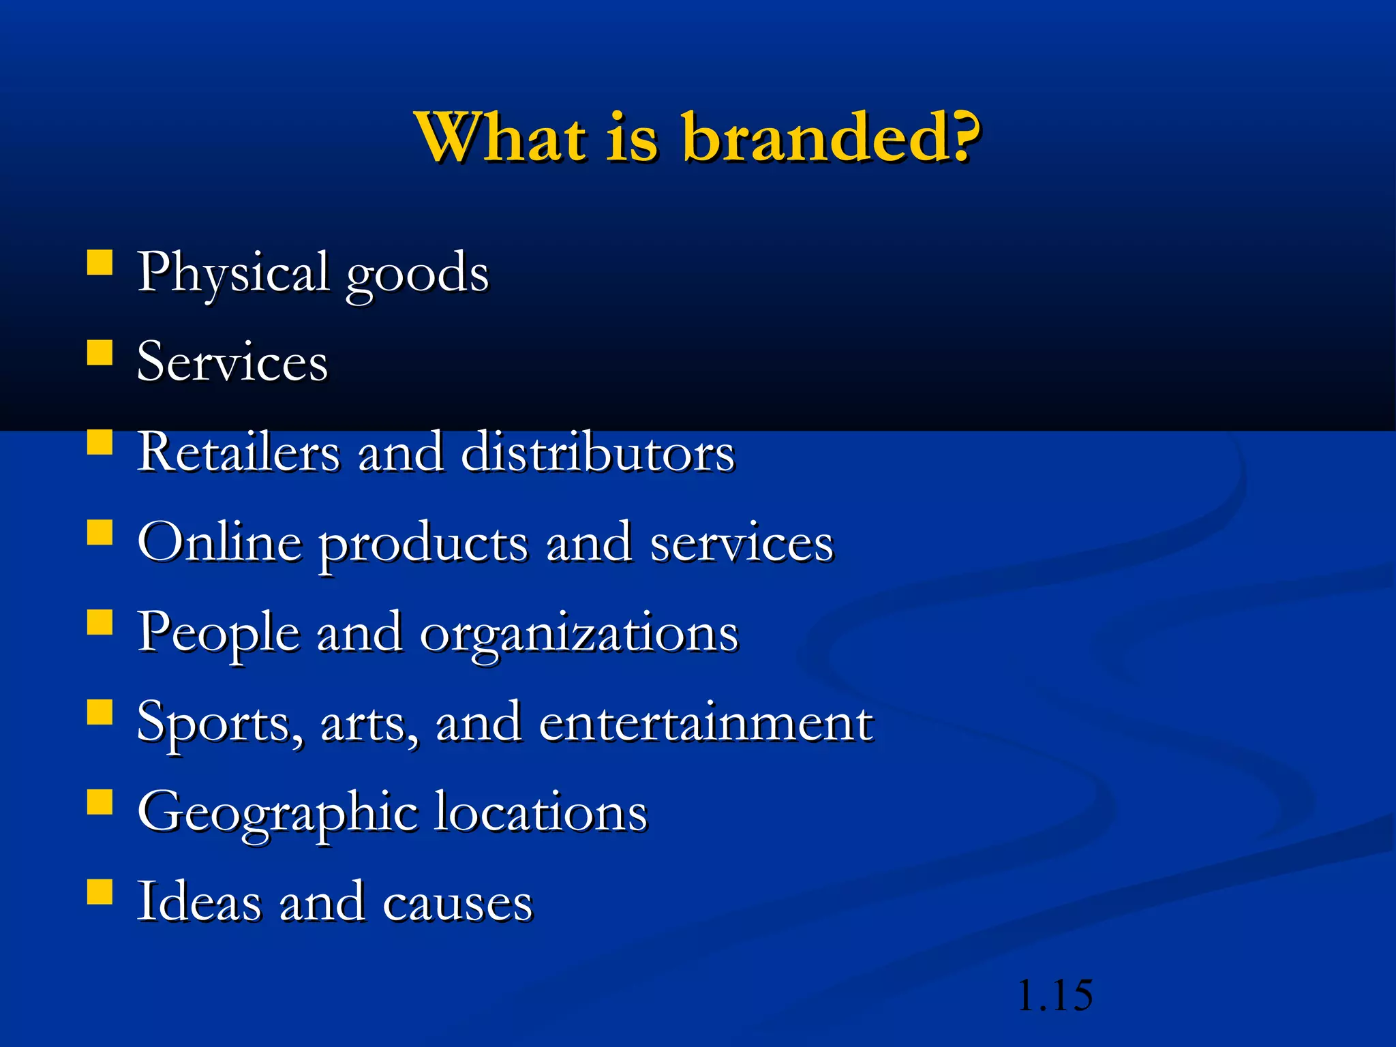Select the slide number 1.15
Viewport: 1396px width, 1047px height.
pos(1054,995)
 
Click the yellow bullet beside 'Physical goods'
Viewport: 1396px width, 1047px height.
pos(100,262)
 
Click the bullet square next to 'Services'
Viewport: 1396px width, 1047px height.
pos(100,353)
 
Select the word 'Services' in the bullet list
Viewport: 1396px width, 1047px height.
pos(232,362)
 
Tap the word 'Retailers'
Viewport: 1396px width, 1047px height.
pos(238,452)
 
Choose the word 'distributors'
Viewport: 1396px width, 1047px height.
pos(598,452)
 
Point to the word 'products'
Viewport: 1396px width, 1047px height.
pos(423,545)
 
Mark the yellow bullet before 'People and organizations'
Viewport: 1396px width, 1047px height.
pos(100,622)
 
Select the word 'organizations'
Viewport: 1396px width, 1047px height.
pos(579,634)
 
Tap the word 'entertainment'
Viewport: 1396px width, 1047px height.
pos(705,722)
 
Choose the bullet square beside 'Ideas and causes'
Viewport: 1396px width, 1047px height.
pos(100,891)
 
